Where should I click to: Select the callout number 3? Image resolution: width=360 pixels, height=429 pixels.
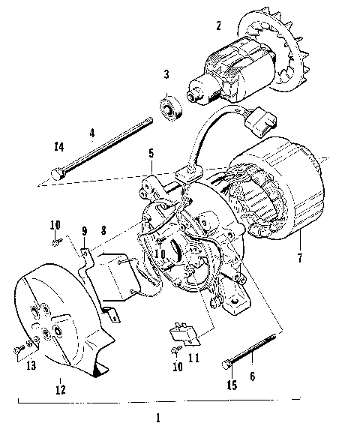point(167,74)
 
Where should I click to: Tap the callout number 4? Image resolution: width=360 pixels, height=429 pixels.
point(92,135)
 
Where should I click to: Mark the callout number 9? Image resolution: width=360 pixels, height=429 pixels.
point(85,230)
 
